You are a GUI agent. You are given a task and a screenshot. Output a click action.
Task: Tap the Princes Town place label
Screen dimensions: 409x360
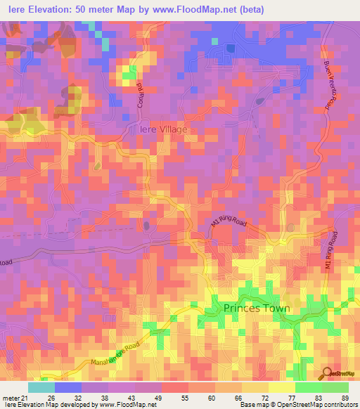pos(256,308)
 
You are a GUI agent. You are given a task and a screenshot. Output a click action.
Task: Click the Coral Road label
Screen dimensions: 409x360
pos(139,94)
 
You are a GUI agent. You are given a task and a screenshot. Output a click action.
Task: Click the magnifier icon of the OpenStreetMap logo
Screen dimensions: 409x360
pos(327,373)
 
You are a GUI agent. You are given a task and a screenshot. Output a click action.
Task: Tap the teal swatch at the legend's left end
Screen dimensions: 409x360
pos(41,387)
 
